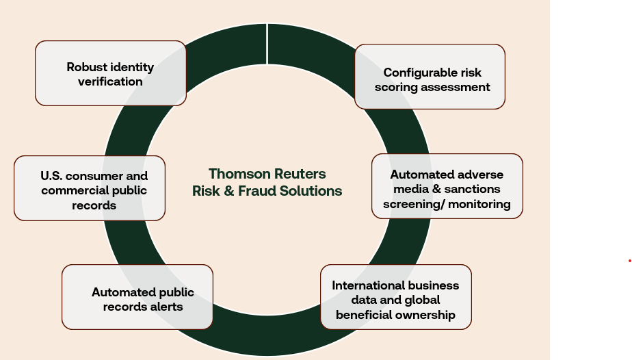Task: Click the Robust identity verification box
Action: pyautogui.click(x=110, y=73)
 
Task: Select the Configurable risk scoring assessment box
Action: pyautogui.click(x=430, y=77)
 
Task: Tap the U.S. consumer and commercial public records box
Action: pyautogui.click(x=90, y=188)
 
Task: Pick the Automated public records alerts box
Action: pyautogui.click(x=137, y=297)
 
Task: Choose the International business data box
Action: pyautogui.click(x=396, y=297)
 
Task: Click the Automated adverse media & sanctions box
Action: pyautogui.click(x=447, y=186)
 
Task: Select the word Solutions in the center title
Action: pyautogui.click(x=314, y=191)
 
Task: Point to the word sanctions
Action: pyautogui.click(x=471, y=189)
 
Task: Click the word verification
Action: pyautogui.click(x=110, y=81)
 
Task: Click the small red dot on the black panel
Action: pyautogui.click(x=629, y=261)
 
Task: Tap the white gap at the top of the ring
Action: pyautogui.click(x=267, y=34)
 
